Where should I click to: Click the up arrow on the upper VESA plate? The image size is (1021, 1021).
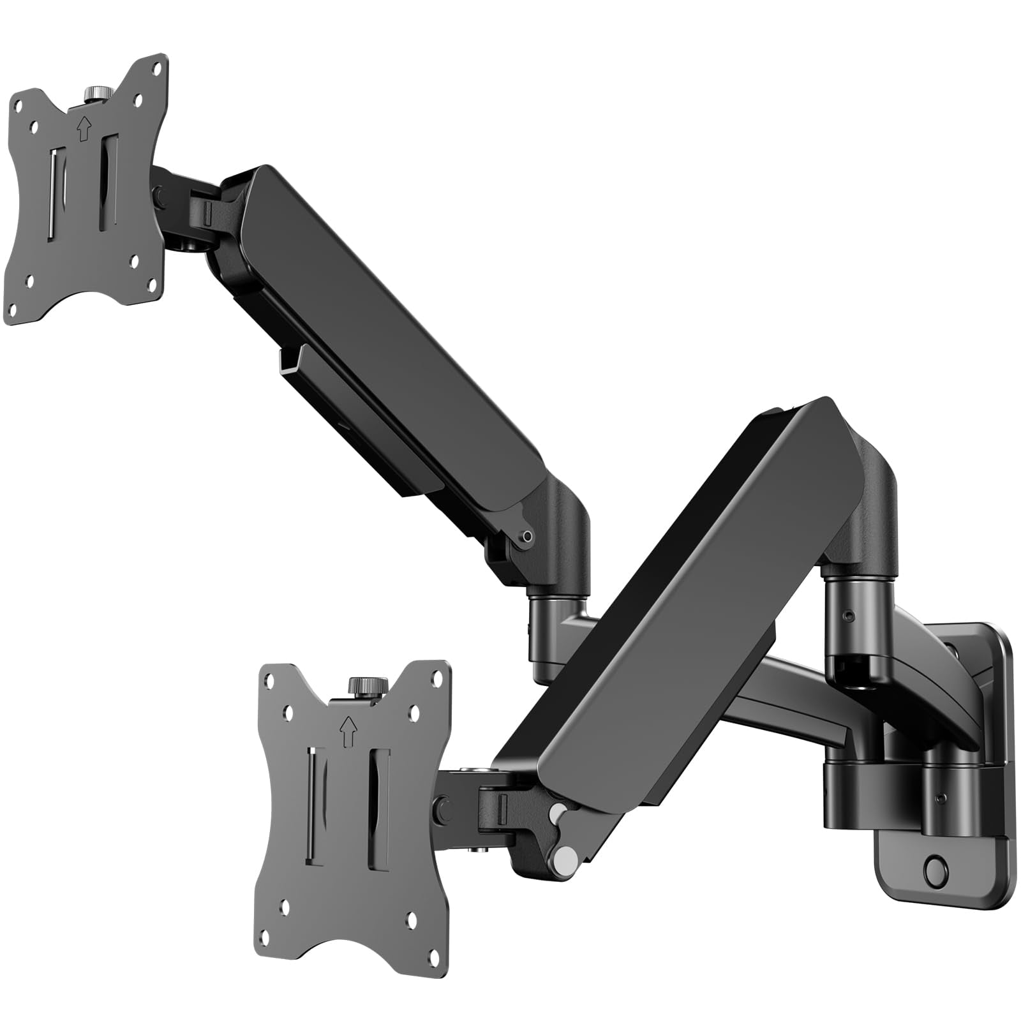click(82, 130)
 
